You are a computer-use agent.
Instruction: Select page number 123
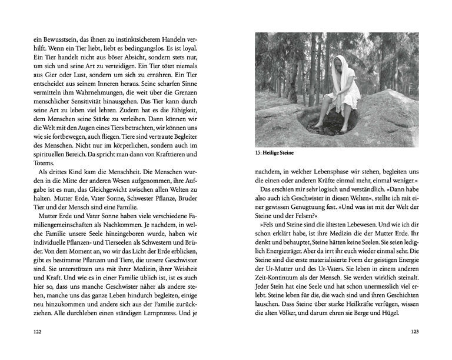(414, 332)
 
